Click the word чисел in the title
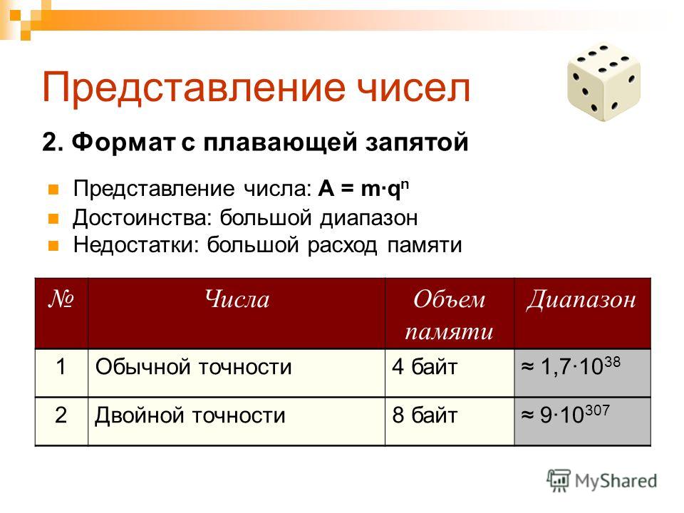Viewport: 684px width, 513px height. coord(413,87)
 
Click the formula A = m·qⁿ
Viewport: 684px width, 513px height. coord(363,189)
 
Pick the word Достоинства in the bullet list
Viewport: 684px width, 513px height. coord(142,218)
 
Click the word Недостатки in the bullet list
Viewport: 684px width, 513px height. coord(136,244)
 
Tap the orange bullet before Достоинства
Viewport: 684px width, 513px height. coord(53,218)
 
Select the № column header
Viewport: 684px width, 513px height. coord(61,299)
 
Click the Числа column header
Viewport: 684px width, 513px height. coord(237,300)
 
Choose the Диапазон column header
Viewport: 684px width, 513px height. coord(581,300)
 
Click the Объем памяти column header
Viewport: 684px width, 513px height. coord(450,315)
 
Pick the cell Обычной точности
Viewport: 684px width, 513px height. coord(193,366)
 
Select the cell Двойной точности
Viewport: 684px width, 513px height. coord(190,415)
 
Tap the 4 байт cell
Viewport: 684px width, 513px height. coord(425,366)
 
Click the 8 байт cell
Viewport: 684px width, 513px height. coord(425,415)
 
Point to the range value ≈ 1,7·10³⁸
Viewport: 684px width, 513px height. coord(571,366)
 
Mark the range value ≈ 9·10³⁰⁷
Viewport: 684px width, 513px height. coord(565,414)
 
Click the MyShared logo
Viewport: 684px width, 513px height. coord(602,481)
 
